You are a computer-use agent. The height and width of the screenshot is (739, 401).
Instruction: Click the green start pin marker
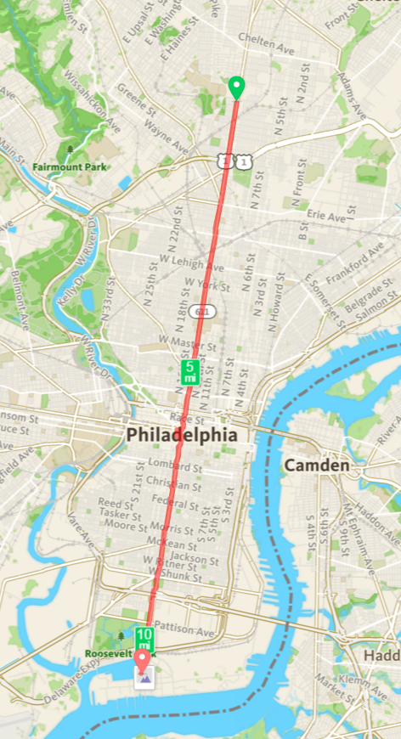click(x=237, y=87)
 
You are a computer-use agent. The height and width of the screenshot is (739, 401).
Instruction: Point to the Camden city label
click(x=317, y=465)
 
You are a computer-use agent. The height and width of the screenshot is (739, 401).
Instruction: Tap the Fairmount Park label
click(x=70, y=167)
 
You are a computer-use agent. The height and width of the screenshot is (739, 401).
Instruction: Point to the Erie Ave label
click(x=325, y=217)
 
